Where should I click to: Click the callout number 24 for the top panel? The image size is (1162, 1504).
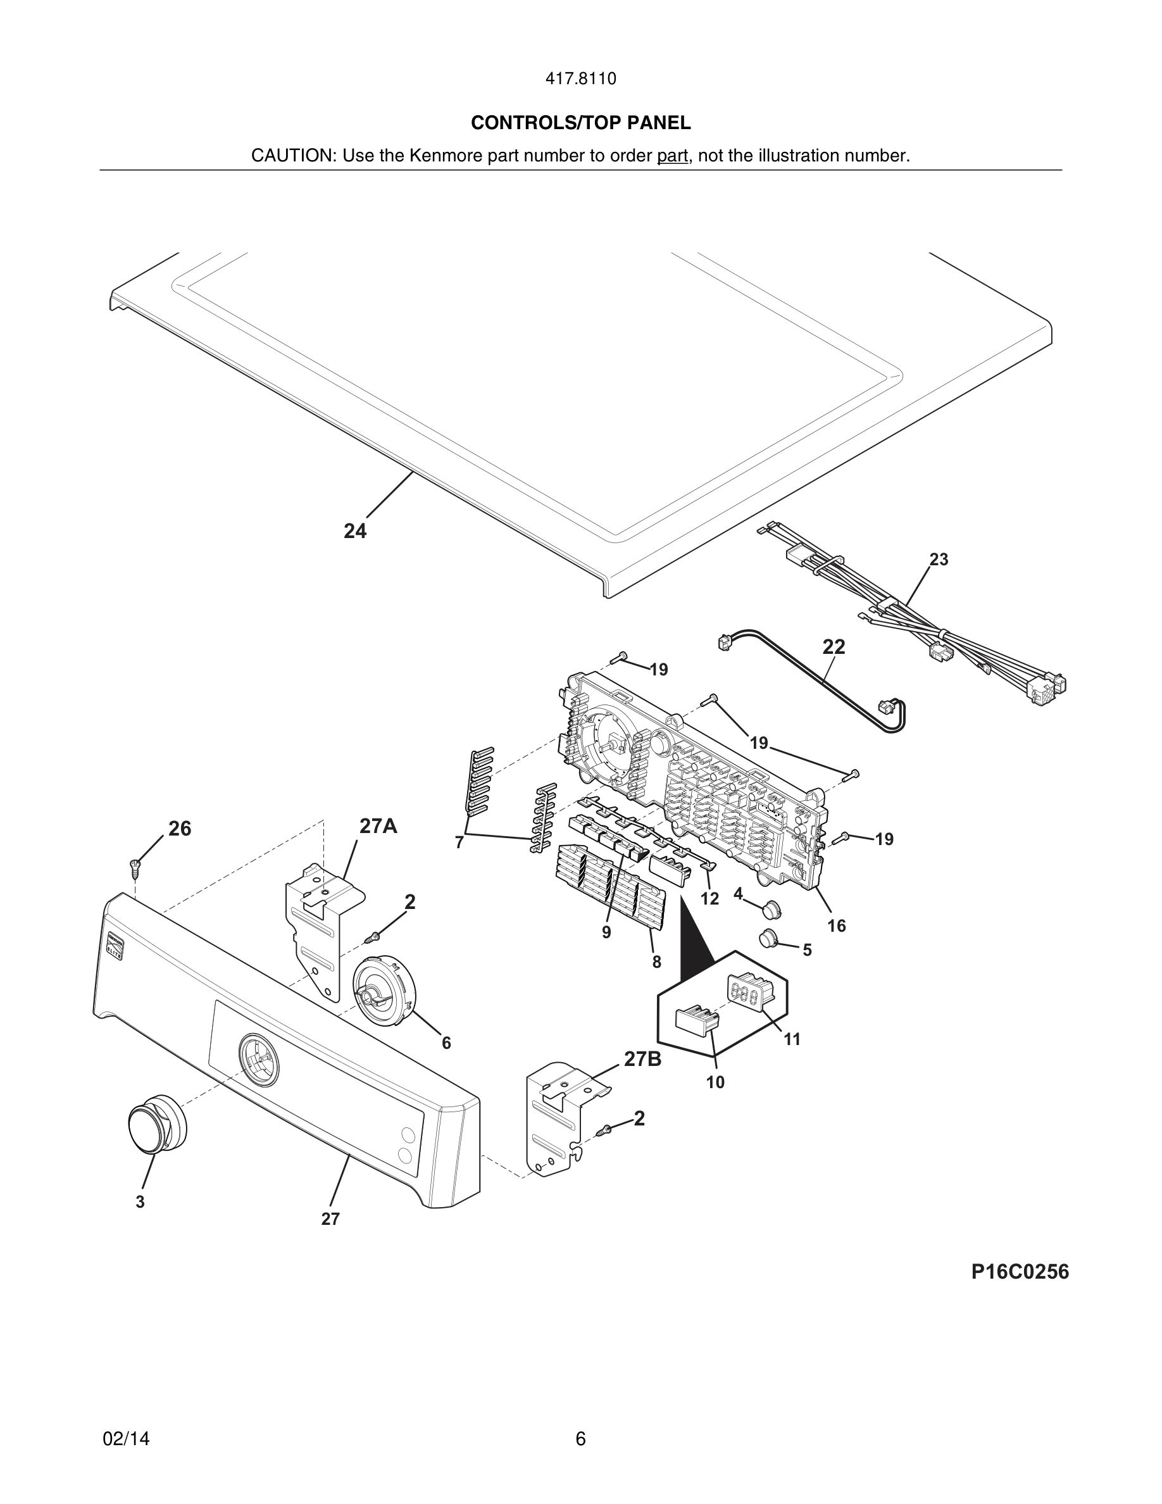click(x=355, y=531)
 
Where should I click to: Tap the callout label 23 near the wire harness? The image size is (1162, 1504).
click(x=939, y=560)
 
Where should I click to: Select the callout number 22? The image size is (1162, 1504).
click(x=834, y=647)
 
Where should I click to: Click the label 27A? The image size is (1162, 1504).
click(x=378, y=826)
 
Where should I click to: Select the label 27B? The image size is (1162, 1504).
click(x=642, y=1059)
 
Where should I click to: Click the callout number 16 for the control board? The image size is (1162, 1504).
click(x=837, y=925)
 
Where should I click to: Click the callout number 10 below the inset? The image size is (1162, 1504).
click(x=715, y=1082)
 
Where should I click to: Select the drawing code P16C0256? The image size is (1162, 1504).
click(x=1020, y=1272)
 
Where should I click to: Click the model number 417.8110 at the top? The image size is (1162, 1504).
click(x=580, y=79)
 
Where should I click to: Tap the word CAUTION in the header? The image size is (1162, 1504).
click(x=292, y=156)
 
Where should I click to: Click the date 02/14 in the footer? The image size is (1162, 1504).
click(x=126, y=1439)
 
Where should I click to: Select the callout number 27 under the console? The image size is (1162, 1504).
click(x=330, y=1219)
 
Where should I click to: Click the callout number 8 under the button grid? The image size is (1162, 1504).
click(x=657, y=962)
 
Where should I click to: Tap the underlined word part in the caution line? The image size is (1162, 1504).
click(x=672, y=156)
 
